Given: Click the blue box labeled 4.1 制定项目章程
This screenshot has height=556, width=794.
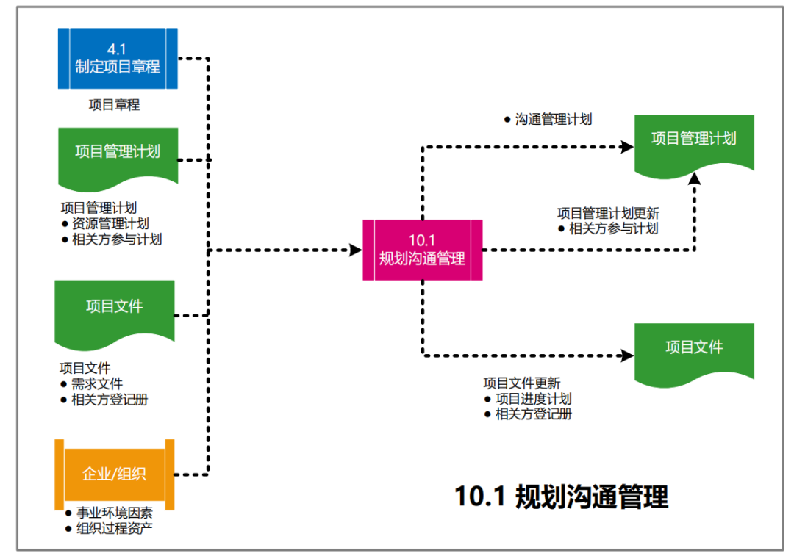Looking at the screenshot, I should pyautogui.click(x=118, y=58).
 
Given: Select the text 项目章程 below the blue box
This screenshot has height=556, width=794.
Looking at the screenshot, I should pyautogui.click(x=114, y=105).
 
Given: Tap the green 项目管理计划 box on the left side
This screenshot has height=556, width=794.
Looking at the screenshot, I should pyautogui.click(x=118, y=153).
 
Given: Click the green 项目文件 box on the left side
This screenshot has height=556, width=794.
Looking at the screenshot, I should pyautogui.click(x=115, y=307).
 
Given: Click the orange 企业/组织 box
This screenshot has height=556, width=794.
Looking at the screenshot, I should pyautogui.click(x=114, y=473).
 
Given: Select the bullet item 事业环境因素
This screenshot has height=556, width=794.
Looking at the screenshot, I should pyautogui.click(x=114, y=513).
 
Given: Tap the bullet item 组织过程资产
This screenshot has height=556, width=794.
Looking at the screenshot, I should pyautogui.click(x=114, y=529).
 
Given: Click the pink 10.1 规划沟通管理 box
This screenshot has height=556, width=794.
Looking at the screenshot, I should pyautogui.click(x=422, y=250).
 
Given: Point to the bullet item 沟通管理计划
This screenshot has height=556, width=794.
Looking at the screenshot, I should pyautogui.click(x=553, y=119).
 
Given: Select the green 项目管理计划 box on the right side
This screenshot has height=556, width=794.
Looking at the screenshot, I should pyautogui.click(x=693, y=140).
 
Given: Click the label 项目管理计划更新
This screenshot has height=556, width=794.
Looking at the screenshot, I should pyautogui.click(x=608, y=213).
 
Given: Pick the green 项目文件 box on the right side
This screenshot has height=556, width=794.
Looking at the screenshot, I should pyautogui.click(x=694, y=348).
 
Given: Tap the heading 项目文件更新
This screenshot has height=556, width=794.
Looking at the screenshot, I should pyautogui.click(x=521, y=383).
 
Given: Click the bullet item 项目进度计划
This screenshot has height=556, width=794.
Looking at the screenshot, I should pyautogui.click(x=533, y=399).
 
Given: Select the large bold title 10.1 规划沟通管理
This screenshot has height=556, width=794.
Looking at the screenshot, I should pyautogui.click(x=562, y=497).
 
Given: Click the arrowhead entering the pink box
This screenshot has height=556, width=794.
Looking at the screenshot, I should pyautogui.click(x=356, y=250).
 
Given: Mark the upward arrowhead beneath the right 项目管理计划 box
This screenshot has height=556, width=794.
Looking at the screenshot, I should pyautogui.click(x=694, y=178).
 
